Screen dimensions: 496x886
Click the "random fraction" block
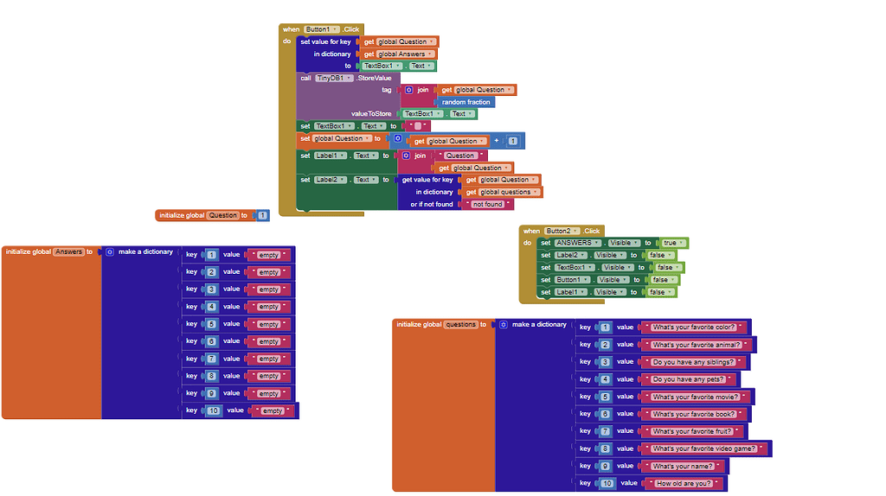coord(466,102)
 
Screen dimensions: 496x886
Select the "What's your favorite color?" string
coord(693,327)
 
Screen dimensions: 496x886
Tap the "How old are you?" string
coord(684,483)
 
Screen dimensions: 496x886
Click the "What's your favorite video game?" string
coord(704,448)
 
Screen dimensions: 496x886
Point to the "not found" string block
coord(487,205)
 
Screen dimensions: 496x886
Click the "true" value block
coord(670,243)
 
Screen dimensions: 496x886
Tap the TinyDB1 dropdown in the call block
coord(334,78)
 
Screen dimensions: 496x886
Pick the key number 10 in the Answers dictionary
coord(214,410)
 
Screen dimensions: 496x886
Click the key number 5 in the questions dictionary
coord(605,397)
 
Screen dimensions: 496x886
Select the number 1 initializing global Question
coord(262,215)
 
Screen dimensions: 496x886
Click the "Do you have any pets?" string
coord(689,379)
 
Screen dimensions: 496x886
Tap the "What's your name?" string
coord(683,466)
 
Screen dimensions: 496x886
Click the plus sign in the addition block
coord(497,140)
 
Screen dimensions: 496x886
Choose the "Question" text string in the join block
coord(459,156)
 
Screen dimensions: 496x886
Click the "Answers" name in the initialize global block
coord(68,251)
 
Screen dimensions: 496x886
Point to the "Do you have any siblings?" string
coord(693,362)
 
